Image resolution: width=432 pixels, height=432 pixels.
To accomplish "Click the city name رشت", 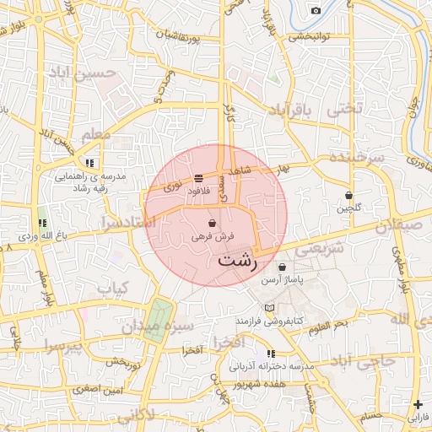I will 238,261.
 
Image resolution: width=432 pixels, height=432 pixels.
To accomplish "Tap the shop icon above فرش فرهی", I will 211,224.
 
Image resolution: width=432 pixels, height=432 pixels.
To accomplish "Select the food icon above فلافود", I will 198,177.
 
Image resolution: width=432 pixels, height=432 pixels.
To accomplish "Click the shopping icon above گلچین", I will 348,195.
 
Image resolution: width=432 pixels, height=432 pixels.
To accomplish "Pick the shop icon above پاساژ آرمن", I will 294,266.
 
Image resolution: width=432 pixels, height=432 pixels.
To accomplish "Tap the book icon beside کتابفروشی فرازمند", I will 269,308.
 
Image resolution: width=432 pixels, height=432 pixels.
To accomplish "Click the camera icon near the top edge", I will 316,10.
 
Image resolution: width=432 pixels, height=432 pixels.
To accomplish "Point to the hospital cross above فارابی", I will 418,404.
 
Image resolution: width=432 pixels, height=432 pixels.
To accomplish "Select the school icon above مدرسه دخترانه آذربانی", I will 271,354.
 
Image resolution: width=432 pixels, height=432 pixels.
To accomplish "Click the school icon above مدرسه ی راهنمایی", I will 90,163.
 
